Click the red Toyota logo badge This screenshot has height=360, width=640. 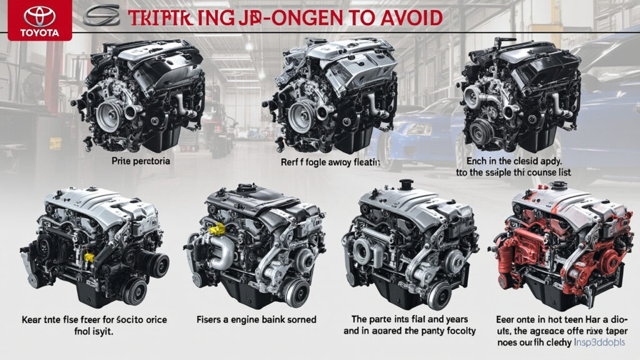click(x=31, y=20)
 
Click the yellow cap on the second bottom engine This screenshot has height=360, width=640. click(x=216, y=229)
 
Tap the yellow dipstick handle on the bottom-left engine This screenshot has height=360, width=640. click(x=89, y=257)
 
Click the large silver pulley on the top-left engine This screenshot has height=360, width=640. click(x=109, y=117)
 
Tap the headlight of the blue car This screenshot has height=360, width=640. click(x=418, y=129)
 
